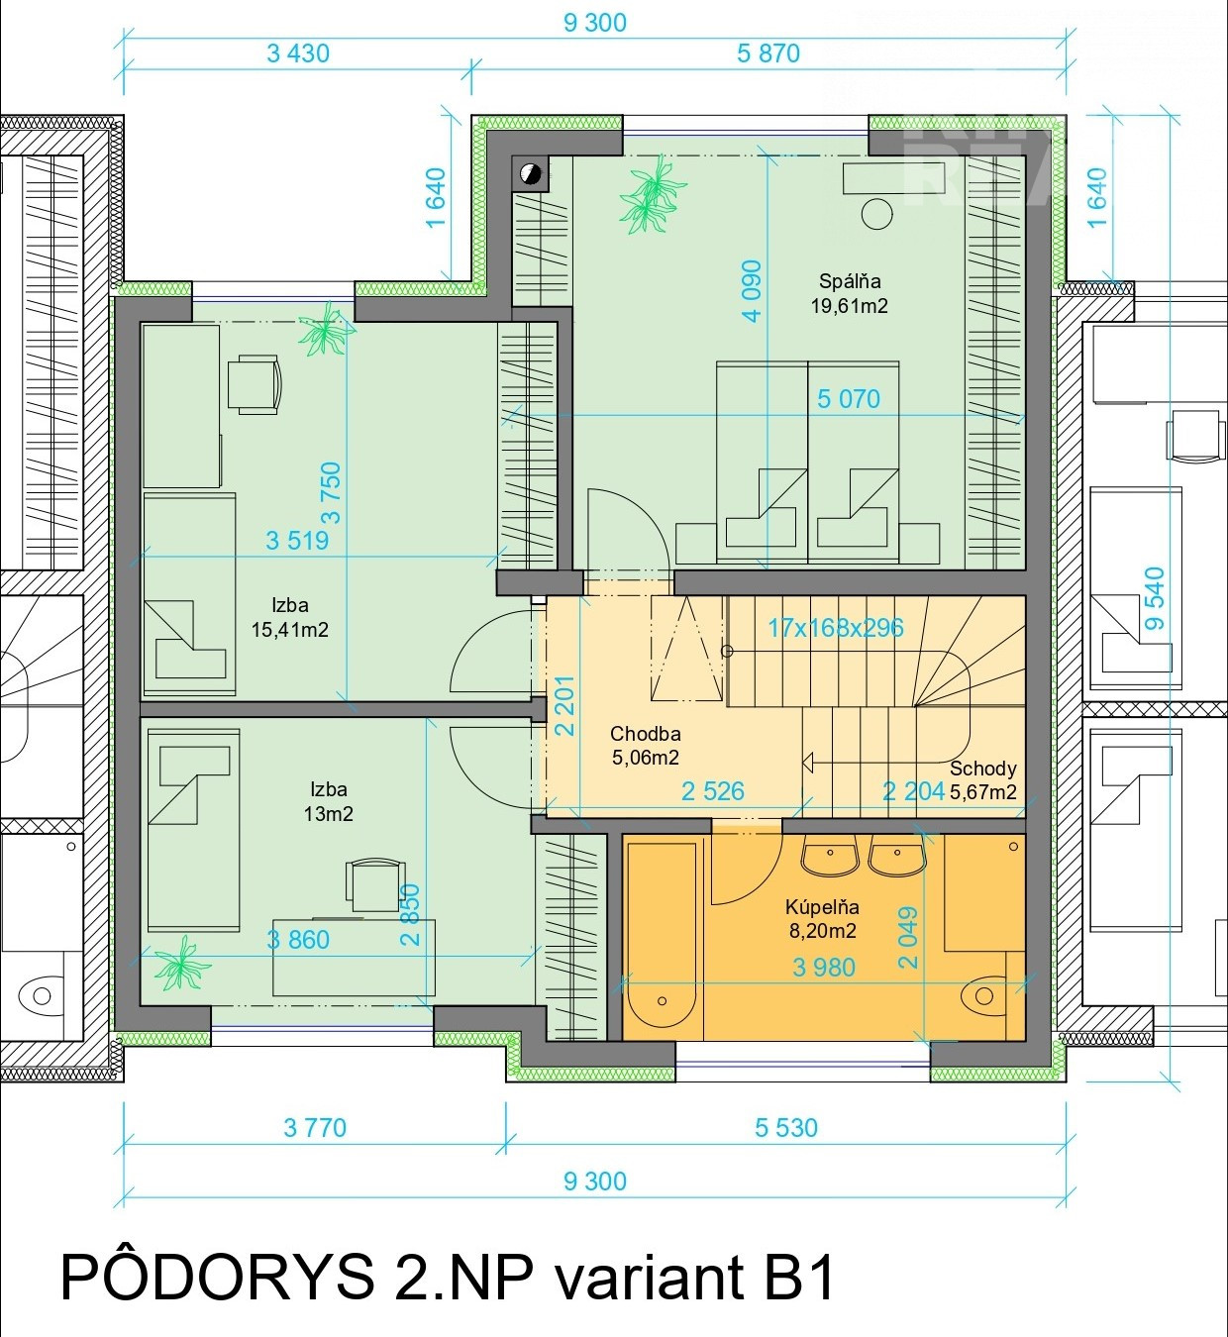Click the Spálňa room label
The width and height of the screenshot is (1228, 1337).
point(850,281)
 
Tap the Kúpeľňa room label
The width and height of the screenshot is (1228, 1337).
point(822,906)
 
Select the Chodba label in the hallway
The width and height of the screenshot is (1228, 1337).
point(645,734)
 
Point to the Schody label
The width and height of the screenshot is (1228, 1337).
point(982,769)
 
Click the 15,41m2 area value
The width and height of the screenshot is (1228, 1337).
point(289,630)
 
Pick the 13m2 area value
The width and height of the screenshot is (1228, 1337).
point(328,814)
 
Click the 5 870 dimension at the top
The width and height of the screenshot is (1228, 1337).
point(768,53)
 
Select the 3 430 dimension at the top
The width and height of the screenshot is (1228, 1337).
point(298,53)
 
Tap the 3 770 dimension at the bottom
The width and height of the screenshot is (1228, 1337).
point(315,1128)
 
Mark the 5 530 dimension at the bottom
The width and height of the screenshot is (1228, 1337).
point(786,1128)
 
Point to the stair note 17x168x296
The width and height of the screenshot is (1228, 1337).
point(835,627)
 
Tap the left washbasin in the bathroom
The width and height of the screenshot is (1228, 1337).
point(830,855)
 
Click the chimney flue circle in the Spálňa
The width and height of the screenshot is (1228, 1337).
point(532,174)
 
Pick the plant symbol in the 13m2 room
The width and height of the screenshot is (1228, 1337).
point(181,964)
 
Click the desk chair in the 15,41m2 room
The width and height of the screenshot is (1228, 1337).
point(254,384)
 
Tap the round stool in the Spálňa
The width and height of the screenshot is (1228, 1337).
point(876,214)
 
